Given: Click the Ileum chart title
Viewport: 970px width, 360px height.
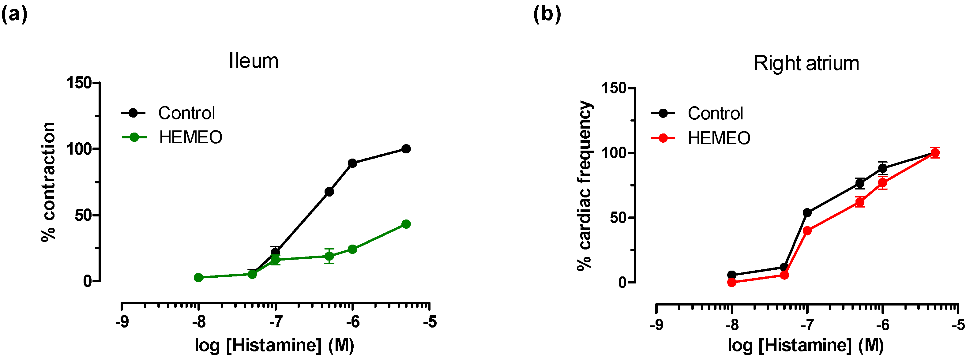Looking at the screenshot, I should [254, 61].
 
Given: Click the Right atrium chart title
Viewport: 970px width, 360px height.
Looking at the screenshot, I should [806, 63].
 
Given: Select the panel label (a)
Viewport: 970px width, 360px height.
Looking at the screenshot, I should [14, 15].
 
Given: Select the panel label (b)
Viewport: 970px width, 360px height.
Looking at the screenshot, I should [547, 15].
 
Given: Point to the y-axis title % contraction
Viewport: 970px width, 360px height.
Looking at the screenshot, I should [49, 182].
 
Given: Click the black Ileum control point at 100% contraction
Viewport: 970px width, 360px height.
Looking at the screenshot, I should [406, 149].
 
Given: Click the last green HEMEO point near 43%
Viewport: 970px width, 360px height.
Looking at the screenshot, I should [406, 224].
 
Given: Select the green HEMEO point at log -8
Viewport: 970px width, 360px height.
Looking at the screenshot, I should [198, 278].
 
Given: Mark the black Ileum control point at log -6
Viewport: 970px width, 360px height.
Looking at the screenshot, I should [352, 163].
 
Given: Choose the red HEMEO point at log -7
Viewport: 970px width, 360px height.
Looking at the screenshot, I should [807, 231].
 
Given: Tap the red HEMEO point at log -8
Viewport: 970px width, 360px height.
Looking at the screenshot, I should [732, 282].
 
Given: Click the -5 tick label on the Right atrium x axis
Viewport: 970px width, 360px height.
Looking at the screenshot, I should [958, 324].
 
